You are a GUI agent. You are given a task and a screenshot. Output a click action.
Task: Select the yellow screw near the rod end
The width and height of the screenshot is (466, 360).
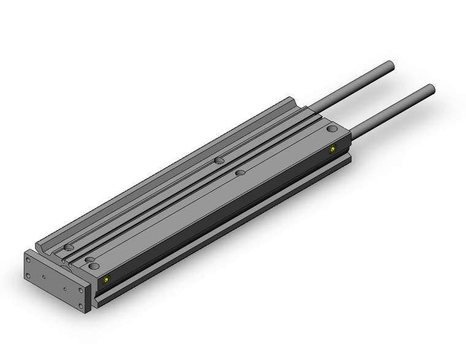click(x=333, y=149)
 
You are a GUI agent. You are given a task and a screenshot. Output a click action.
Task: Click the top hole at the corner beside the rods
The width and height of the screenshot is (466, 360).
click(x=332, y=129)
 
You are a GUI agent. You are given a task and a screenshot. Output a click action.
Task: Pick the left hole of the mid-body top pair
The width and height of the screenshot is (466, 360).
click(x=218, y=161)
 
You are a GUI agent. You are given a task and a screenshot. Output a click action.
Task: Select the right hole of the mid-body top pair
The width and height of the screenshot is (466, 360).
click(x=240, y=174)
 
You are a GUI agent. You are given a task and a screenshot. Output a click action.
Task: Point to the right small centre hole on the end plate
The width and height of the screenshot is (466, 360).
click(x=64, y=287)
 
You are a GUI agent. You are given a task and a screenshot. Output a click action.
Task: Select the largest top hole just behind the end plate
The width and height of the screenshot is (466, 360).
click(x=93, y=267)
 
